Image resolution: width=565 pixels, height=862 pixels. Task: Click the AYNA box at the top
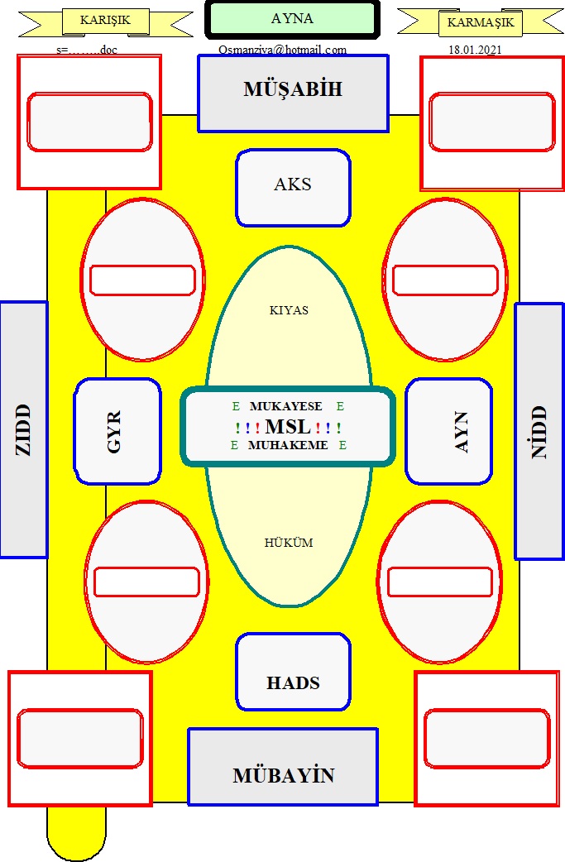(292, 20)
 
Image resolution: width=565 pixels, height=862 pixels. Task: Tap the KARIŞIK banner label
(105, 21)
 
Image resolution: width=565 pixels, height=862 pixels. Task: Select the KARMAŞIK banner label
(481, 23)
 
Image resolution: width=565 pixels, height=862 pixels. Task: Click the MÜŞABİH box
(293, 93)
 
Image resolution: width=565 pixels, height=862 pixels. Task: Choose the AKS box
(293, 188)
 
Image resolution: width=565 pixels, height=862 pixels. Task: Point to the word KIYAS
(289, 310)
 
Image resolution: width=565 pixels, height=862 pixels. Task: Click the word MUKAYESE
(285, 406)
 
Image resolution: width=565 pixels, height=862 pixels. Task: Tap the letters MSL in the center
(288, 426)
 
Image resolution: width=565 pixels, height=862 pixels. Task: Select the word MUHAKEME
(287, 445)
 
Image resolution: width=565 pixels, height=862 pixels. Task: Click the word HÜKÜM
(289, 543)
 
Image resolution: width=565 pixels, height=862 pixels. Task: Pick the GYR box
(117, 431)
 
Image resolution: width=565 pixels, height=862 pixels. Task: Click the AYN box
(448, 431)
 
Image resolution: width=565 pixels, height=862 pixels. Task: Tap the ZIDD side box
(24, 429)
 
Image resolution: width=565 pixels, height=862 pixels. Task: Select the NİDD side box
(539, 431)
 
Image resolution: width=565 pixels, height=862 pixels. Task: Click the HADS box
(293, 672)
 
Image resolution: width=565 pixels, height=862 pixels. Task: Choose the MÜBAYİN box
(283, 767)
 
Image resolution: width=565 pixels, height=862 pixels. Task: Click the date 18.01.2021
(475, 50)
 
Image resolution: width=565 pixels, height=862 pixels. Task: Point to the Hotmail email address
(283, 50)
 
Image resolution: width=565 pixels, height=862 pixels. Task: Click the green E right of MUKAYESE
(340, 406)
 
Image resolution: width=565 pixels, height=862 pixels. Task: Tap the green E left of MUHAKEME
(234, 445)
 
